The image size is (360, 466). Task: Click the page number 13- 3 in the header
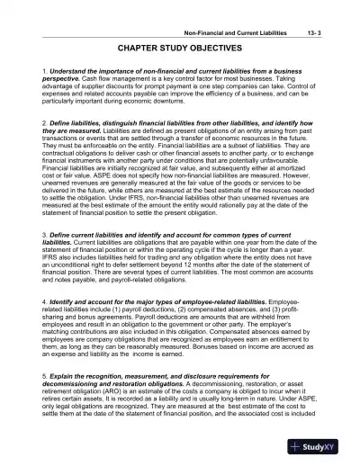[331, 8]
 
